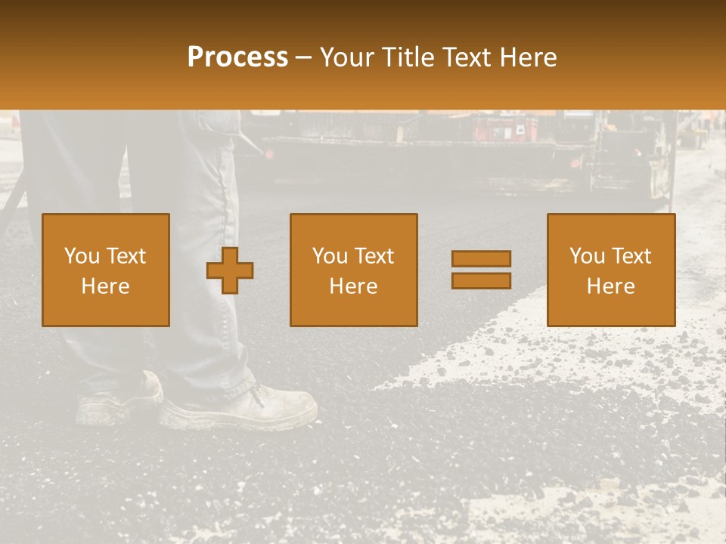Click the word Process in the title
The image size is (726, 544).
point(237,57)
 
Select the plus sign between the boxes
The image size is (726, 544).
point(230,270)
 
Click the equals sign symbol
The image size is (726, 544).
point(481,270)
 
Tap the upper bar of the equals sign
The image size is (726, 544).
point(481,259)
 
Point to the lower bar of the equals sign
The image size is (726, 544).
point(481,280)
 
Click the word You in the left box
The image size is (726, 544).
point(82,256)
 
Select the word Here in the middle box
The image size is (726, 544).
point(353,286)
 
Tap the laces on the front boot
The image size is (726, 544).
point(261,395)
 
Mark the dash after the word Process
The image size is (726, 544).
point(303,57)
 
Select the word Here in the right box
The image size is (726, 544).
point(610,286)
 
